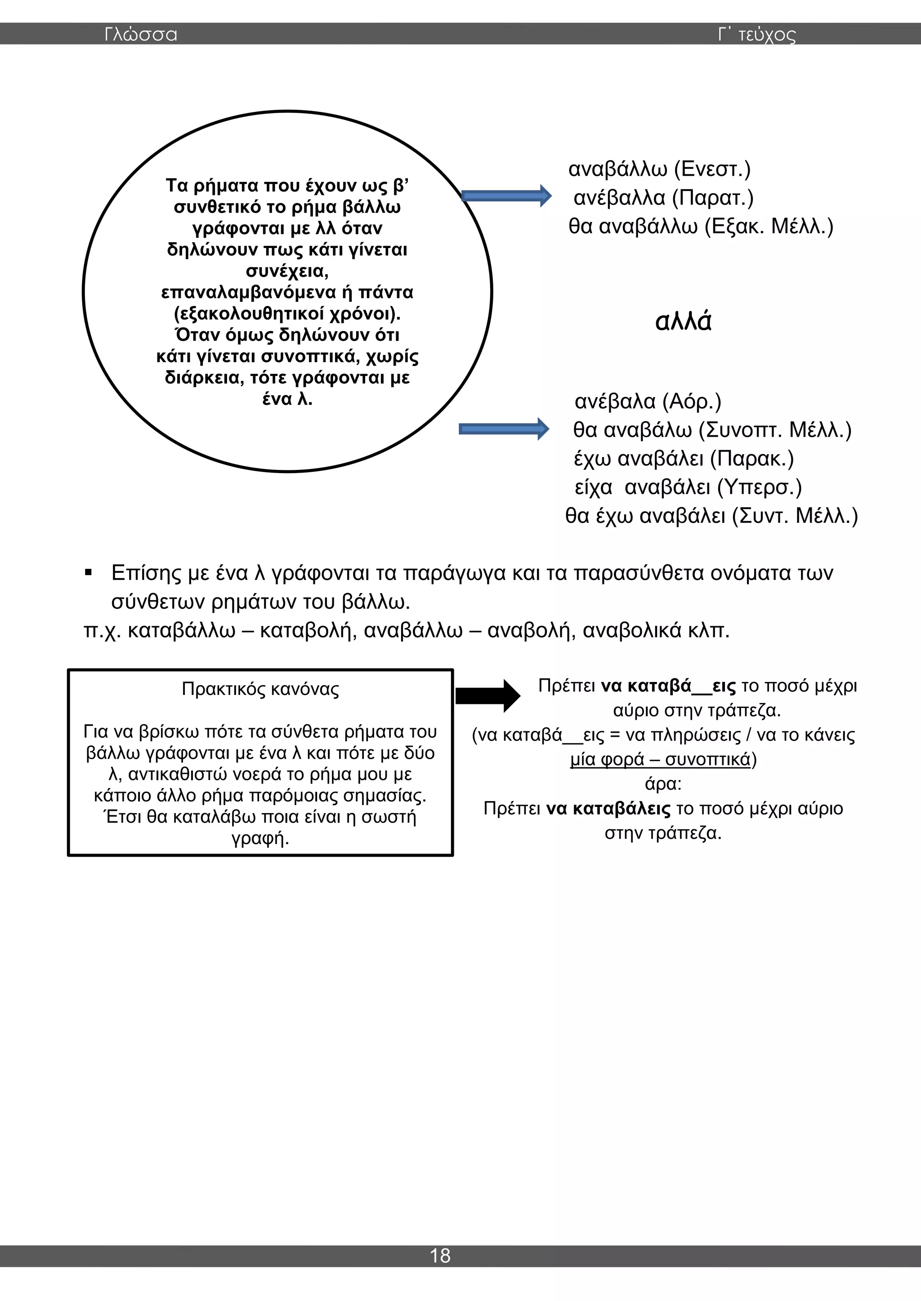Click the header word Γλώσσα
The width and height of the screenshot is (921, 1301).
click(x=141, y=35)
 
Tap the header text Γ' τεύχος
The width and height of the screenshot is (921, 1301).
click(x=756, y=35)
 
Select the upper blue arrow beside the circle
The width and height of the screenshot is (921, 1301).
click(x=506, y=196)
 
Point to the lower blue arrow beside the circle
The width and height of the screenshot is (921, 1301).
click(x=504, y=429)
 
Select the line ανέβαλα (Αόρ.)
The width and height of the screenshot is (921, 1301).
click(x=648, y=401)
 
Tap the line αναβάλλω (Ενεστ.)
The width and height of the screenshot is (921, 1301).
click(x=659, y=169)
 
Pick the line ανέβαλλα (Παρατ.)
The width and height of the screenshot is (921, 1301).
click(x=663, y=198)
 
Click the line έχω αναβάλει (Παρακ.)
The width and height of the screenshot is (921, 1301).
click(x=684, y=458)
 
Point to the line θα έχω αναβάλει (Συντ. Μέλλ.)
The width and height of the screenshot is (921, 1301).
click(x=711, y=516)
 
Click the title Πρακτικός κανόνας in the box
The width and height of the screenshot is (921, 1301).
click(x=260, y=689)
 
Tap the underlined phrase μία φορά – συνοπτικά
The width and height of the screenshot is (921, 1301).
click(x=660, y=759)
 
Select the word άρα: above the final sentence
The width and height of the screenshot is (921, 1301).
click(x=663, y=784)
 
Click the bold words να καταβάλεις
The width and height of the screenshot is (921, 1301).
click(x=608, y=809)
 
